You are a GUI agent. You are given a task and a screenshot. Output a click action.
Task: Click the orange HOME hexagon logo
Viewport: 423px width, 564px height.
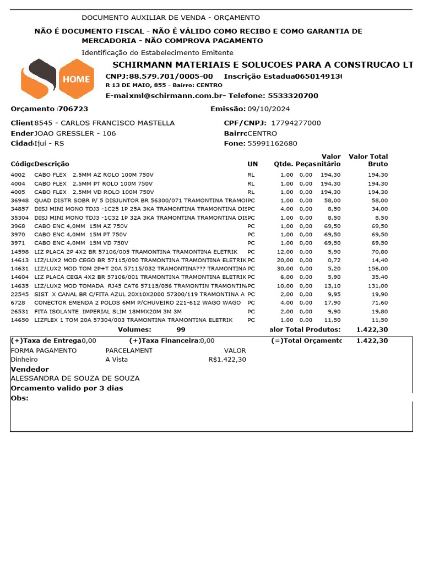[76, 79]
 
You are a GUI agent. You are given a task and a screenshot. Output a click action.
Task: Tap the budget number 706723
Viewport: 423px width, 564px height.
[73, 109]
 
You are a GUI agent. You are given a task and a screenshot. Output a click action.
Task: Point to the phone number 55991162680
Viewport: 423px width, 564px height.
[272, 144]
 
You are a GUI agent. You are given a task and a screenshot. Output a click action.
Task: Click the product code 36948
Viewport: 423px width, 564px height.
[19, 200]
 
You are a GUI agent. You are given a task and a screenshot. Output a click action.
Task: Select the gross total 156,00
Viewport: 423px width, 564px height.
[378, 269]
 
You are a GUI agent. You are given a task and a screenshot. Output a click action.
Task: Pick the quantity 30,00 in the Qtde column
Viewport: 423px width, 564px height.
[285, 269]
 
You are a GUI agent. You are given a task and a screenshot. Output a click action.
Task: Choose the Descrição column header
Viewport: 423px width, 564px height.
[52, 164]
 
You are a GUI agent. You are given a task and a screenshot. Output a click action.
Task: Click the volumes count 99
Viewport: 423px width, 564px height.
[181, 329]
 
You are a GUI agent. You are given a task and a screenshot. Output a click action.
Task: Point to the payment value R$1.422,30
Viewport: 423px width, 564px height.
[227, 360]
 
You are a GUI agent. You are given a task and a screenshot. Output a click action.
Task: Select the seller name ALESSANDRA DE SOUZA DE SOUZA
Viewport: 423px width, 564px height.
[75, 378]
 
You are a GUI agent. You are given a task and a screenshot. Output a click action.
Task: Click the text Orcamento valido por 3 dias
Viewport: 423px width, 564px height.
[67, 388]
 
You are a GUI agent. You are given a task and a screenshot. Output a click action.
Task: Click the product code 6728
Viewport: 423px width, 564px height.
[18, 303]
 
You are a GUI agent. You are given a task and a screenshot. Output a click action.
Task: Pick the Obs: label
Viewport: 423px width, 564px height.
[19, 398]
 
